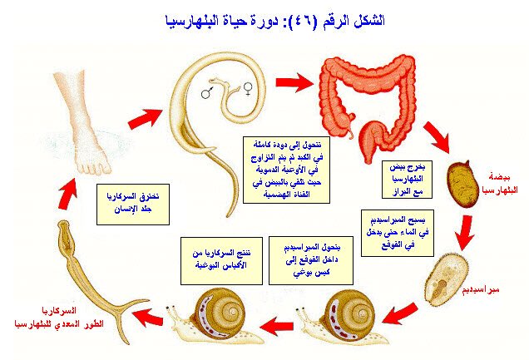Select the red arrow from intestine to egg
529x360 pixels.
[x=437, y=136]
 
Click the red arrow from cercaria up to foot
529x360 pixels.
[x=66, y=198]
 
